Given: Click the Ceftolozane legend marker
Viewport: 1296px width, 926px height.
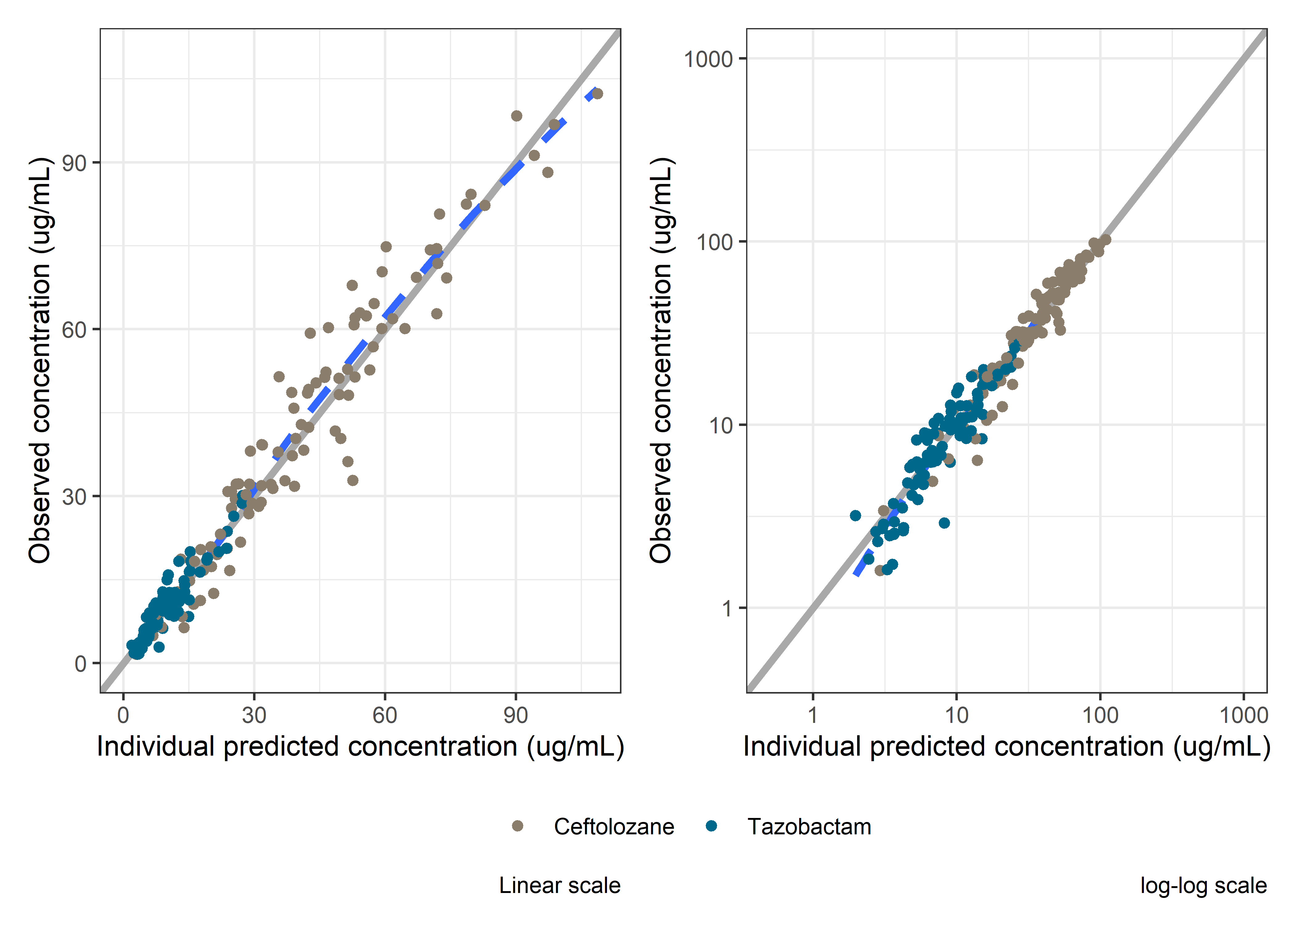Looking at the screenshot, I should [517, 826].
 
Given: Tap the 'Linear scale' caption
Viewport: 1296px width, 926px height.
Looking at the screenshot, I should [560, 886].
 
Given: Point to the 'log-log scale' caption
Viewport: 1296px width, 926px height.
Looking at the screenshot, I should [1203, 886].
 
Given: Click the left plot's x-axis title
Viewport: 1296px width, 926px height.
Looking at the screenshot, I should [360, 746].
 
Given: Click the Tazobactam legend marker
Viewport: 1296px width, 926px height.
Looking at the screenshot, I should [711, 826].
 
